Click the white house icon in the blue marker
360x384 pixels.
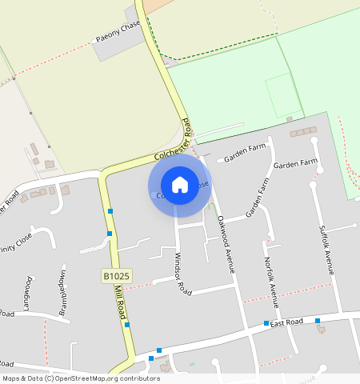180,185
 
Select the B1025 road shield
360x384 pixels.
116,276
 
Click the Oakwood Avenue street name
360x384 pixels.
226,244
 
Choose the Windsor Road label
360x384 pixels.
183,274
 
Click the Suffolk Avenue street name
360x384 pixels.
325,250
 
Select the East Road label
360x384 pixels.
286,322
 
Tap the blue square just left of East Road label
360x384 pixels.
266,323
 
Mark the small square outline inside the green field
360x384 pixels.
283,95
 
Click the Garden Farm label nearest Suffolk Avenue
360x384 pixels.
296,164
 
